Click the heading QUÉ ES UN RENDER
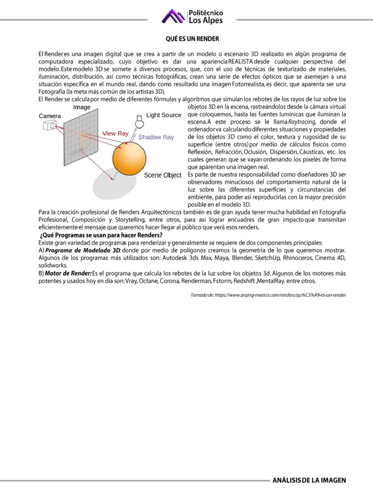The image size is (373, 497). coord(193,39)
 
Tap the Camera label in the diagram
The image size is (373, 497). coord(51,116)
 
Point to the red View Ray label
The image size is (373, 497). coord(115,133)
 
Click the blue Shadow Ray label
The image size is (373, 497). coord(156,137)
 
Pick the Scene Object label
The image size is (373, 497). coord(162,175)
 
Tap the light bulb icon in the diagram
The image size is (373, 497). coord(139,121)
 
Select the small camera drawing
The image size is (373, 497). coord(50,126)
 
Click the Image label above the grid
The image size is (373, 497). coord(82,107)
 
